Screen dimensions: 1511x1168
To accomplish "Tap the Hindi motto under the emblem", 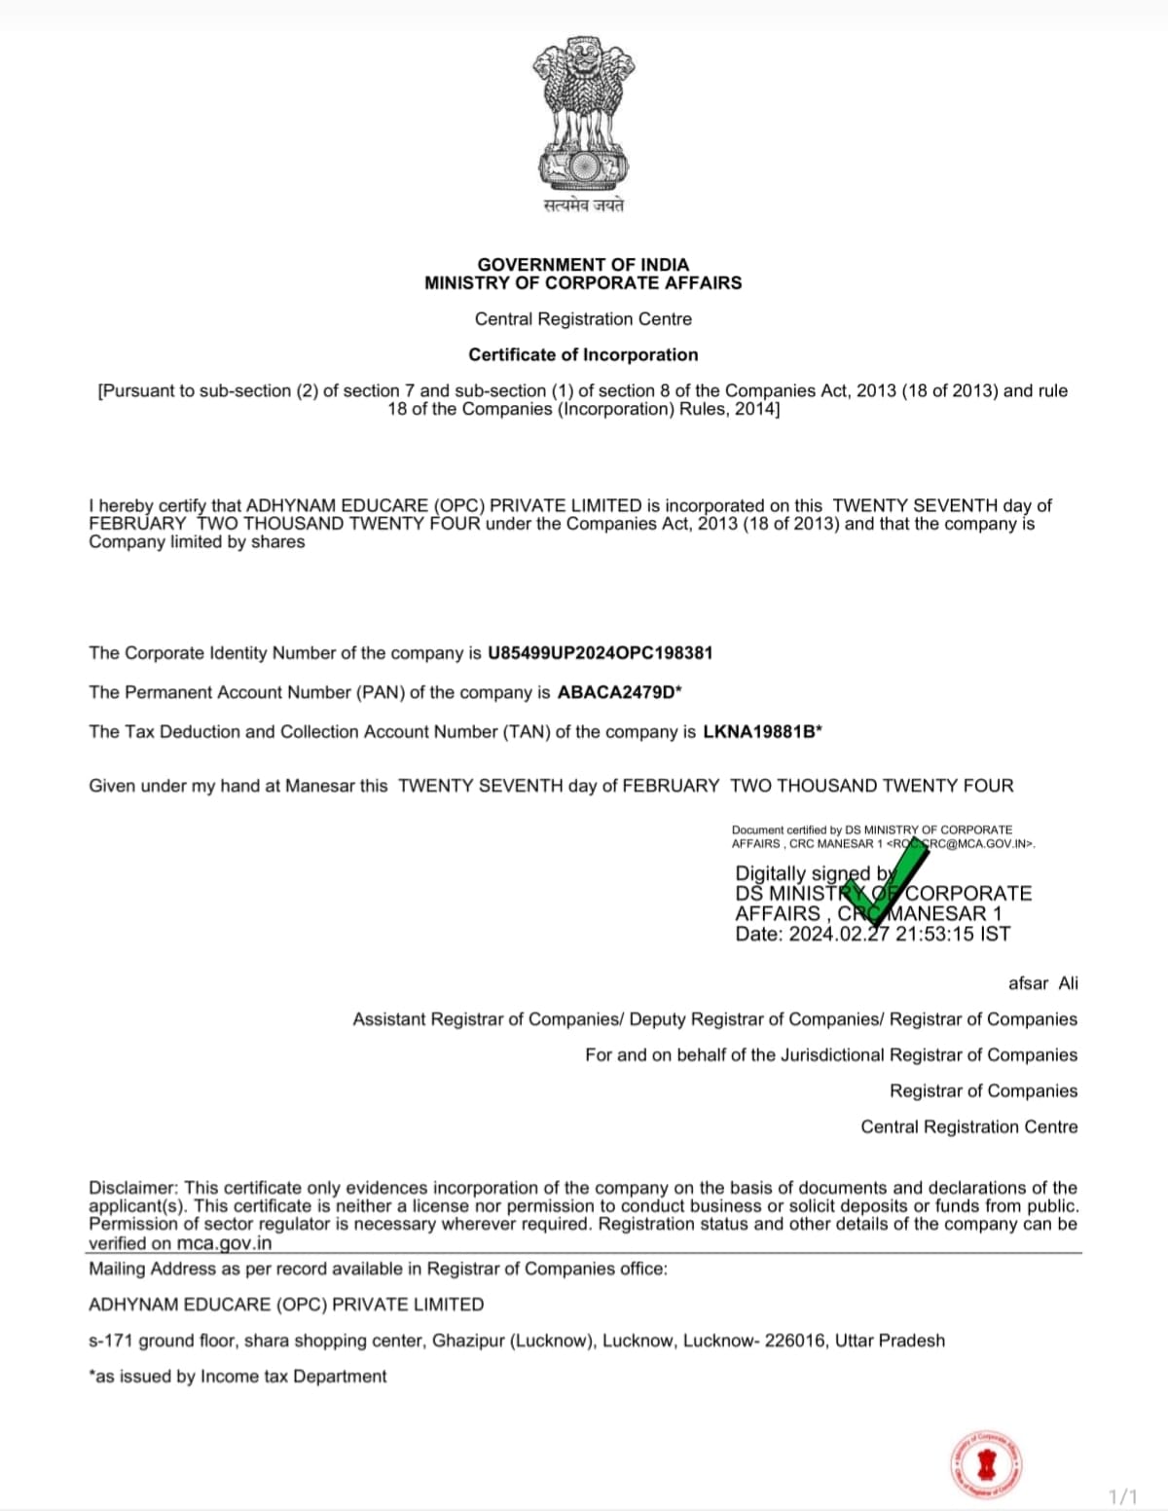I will pyautogui.click(x=583, y=205).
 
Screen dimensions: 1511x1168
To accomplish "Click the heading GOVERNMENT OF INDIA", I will pyautogui.click(x=583, y=265).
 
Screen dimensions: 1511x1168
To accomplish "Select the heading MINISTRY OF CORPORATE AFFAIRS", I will pyautogui.click(x=583, y=283).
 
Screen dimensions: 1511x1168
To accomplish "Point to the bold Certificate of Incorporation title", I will pyautogui.click(x=583, y=355).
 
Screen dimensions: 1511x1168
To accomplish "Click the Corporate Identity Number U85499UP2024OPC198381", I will pyautogui.click(x=600, y=653).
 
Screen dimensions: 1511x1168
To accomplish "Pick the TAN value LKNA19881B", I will pyautogui.click(x=759, y=732).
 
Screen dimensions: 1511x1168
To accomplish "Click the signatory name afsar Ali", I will pyautogui.click(x=1042, y=983).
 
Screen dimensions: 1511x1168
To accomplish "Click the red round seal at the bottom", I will pyautogui.click(x=987, y=1463).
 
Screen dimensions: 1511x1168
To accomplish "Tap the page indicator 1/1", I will pyautogui.click(x=1122, y=1495).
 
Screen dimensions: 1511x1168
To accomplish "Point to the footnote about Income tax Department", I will pyautogui.click(x=237, y=1377).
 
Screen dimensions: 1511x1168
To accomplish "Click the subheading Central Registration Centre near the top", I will pyautogui.click(x=583, y=319).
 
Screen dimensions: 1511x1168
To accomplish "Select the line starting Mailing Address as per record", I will pyautogui.click(x=378, y=1269).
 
